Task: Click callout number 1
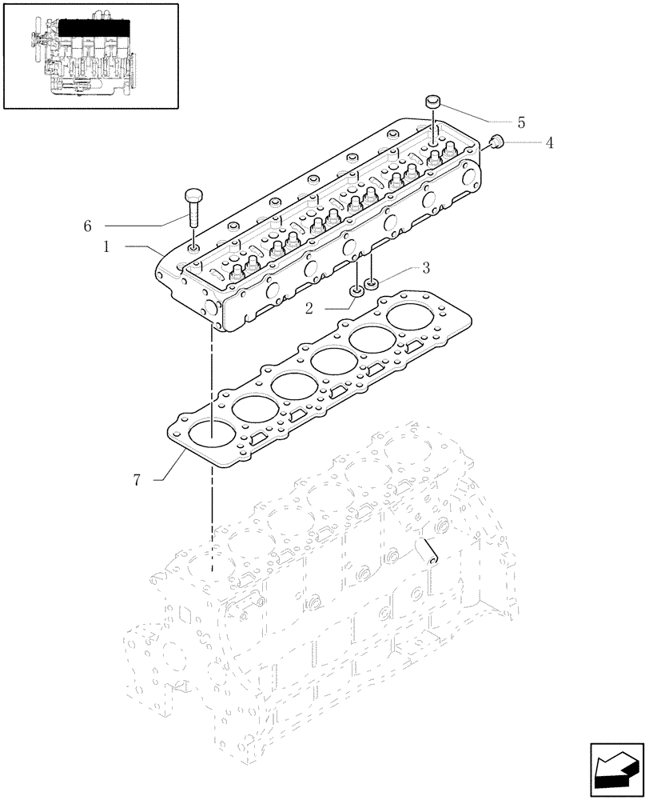coord(106,249)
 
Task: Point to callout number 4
coord(549,143)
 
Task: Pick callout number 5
coord(520,122)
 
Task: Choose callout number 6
coord(87,226)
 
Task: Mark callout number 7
coord(137,480)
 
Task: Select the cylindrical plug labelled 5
coord(434,102)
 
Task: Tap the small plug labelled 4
coord(496,142)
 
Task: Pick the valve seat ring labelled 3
coord(371,282)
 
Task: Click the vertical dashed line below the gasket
coord(213,520)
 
